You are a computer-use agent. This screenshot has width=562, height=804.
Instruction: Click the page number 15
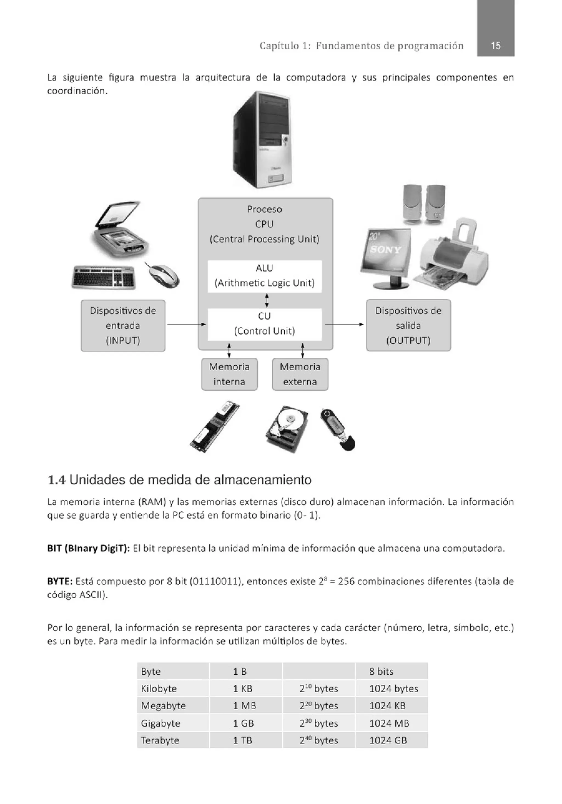click(495, 46)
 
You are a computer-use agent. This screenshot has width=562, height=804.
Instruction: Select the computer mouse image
click(163, 276)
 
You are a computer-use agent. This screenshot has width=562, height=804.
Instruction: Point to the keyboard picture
click(104, 277)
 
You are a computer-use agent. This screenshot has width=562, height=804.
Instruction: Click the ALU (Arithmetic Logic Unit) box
click(265, 276)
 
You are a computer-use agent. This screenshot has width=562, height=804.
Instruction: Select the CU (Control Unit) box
click(265, 324)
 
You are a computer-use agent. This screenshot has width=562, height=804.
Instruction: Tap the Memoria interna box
click(229, 374)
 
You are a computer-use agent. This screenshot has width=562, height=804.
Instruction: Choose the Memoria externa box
click(300, 374)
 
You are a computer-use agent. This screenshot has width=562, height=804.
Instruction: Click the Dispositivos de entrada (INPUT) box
click(123, 325)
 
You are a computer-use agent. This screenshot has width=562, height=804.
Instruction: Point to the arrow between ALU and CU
click(267, 300)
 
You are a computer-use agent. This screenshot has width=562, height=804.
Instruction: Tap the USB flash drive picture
click(337, 430)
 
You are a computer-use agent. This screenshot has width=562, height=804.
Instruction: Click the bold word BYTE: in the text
click(60, 582)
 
